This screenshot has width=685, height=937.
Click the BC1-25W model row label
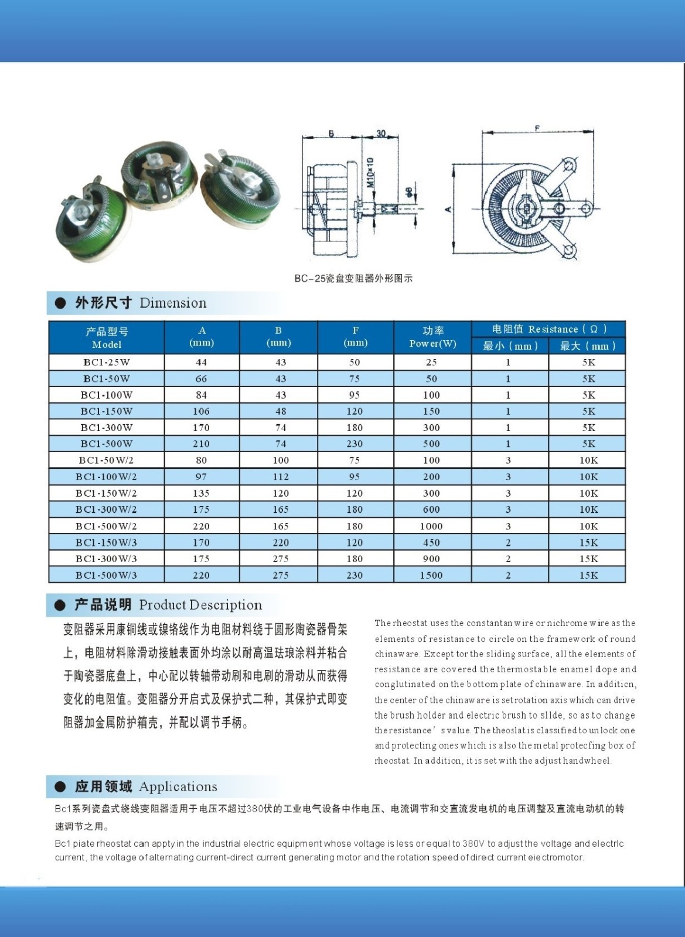[107, 362]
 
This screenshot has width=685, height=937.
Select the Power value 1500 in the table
[431, 575]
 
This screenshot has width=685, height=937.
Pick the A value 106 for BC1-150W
[201, 411]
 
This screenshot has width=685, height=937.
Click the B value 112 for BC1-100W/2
[280, 477]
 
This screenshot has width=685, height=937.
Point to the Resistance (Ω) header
[548, 329]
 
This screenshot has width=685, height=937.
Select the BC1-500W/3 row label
[106, 575]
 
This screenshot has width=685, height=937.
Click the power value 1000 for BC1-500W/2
[431, 526]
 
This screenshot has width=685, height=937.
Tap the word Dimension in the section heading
[173, 303]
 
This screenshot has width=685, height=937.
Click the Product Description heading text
[200, 605]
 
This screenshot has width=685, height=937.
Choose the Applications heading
[178, 786]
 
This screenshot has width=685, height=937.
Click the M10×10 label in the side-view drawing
[370, 172]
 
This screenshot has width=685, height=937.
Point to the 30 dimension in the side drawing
[381, 134]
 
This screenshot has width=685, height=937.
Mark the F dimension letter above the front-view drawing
[537, 129]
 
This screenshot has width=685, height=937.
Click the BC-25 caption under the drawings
[353, 279]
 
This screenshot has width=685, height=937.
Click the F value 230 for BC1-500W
[355, 444]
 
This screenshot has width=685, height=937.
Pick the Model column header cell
[107, 337]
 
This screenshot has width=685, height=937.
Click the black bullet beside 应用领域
[60, 786]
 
